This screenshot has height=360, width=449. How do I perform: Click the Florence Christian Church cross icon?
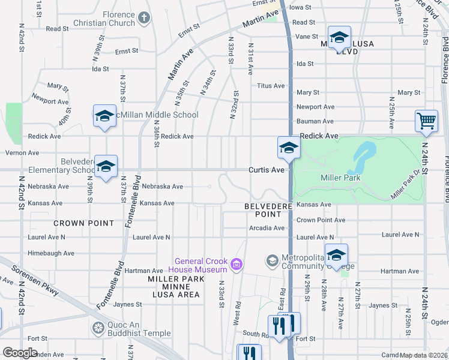click(143, 18)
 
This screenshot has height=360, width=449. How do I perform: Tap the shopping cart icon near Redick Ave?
click(426, 121)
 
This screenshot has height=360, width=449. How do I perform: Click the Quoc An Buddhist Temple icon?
click(97, 328)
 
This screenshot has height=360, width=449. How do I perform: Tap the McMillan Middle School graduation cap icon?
click(104, 116)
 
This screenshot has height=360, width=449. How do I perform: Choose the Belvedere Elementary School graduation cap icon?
click(106, 166)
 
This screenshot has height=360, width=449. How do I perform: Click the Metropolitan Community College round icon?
click(273, 260)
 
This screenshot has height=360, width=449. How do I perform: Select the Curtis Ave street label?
click(267, 170)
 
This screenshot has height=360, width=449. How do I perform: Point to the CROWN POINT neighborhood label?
click(83, 223)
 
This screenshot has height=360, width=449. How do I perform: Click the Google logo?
click(20, 352)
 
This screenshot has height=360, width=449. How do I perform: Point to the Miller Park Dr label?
click(403, 185)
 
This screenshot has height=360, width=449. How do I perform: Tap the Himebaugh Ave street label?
click(51, 254)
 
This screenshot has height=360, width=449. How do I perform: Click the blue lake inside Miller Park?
click(364, 155)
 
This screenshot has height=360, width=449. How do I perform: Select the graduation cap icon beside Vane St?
click(339, 37)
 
